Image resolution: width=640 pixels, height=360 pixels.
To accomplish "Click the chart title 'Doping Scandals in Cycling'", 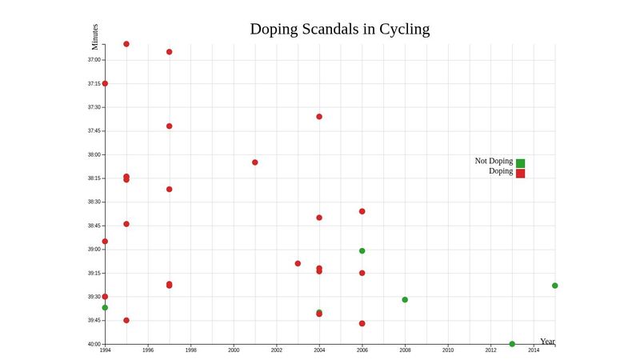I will coord(339,29).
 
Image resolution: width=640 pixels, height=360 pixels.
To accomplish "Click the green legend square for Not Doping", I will coord(520,163).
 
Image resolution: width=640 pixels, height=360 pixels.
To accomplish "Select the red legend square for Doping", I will coord(520,174).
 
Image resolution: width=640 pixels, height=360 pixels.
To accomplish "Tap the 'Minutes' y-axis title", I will coord(95,37).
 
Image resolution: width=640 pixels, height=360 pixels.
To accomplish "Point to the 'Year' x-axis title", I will coord(547,342).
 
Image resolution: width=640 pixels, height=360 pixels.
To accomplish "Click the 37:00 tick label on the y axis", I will coord(94,60).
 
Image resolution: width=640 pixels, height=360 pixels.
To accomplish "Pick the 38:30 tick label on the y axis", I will coord(94,202).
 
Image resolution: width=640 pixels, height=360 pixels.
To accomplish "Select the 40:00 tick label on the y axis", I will coord(94,344).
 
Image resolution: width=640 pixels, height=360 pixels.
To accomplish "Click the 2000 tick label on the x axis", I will coord(234,350).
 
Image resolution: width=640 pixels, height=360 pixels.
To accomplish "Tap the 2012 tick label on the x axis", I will coord(490,350).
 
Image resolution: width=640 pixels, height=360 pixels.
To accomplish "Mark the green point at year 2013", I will coord(512,344).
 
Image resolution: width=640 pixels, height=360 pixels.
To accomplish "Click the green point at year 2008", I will coord(405,300).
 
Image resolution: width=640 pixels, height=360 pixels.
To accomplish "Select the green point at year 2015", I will coord(554,286).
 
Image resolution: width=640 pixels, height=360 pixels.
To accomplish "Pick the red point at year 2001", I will coord(255,162).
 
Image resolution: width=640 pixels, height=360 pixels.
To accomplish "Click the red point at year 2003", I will coord(298,263).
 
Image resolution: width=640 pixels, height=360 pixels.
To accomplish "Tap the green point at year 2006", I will coord(362,251).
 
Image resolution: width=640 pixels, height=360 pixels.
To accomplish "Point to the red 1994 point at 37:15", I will coord(105,83).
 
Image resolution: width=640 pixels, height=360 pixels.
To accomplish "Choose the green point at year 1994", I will coord(105,308).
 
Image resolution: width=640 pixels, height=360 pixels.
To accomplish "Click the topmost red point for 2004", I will coord(319,117).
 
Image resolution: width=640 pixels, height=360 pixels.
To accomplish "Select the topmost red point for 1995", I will coord(126,44).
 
